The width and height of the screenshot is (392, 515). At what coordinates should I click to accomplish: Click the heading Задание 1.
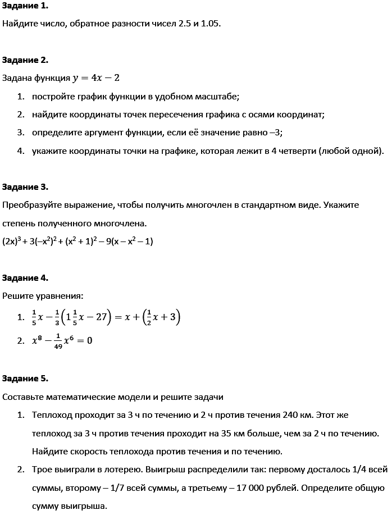25,6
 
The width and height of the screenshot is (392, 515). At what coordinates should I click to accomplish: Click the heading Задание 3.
25,187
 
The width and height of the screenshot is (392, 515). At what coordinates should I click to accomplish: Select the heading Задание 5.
25,379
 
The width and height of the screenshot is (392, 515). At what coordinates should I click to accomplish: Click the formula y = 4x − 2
97,78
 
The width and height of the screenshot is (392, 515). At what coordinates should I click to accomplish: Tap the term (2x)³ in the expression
11,241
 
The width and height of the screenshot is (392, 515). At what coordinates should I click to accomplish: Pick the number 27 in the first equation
101,317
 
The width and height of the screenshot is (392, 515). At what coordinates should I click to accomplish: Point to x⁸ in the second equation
37,340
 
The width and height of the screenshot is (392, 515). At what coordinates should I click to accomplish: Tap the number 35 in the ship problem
192,434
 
